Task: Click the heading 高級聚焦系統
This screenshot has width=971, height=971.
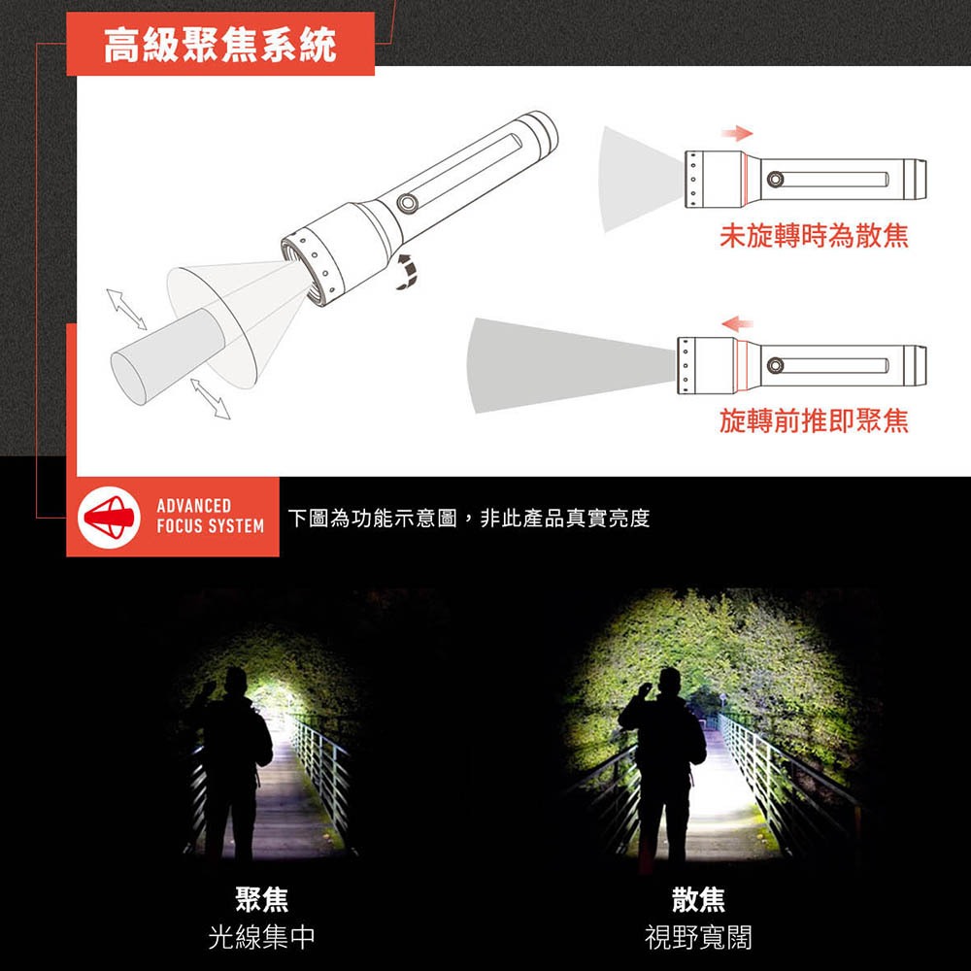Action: pyautogui.click(x=220, y=45)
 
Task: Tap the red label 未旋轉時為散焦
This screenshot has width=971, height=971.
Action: pyautogui.click(x=814, y=236)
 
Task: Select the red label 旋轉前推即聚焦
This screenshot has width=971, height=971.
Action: pyautogui.click(x=814, y=420)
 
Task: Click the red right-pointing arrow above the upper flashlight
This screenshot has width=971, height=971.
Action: pyautogui.click(x=739, y=132)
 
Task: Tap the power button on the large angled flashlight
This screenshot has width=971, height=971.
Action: pyautogui.click(x=407, y=203)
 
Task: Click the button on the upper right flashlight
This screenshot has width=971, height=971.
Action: pyautogui.click(x=775, y=179)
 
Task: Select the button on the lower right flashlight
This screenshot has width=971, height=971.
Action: pyautogui.click(x=775, y=365)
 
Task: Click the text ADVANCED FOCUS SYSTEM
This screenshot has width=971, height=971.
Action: pyautogui.click(x=210, y=517)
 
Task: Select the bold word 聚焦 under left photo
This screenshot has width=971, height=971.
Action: pyautogui.click(x=262, y=900)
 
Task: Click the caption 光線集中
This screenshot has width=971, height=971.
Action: pyautogui.click(x=262, y=937)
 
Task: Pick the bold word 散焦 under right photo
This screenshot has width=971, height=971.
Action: pyautogui.click(x=698, y=900)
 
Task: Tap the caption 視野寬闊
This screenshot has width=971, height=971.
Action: pyautogui.click(x=698, y=937)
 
